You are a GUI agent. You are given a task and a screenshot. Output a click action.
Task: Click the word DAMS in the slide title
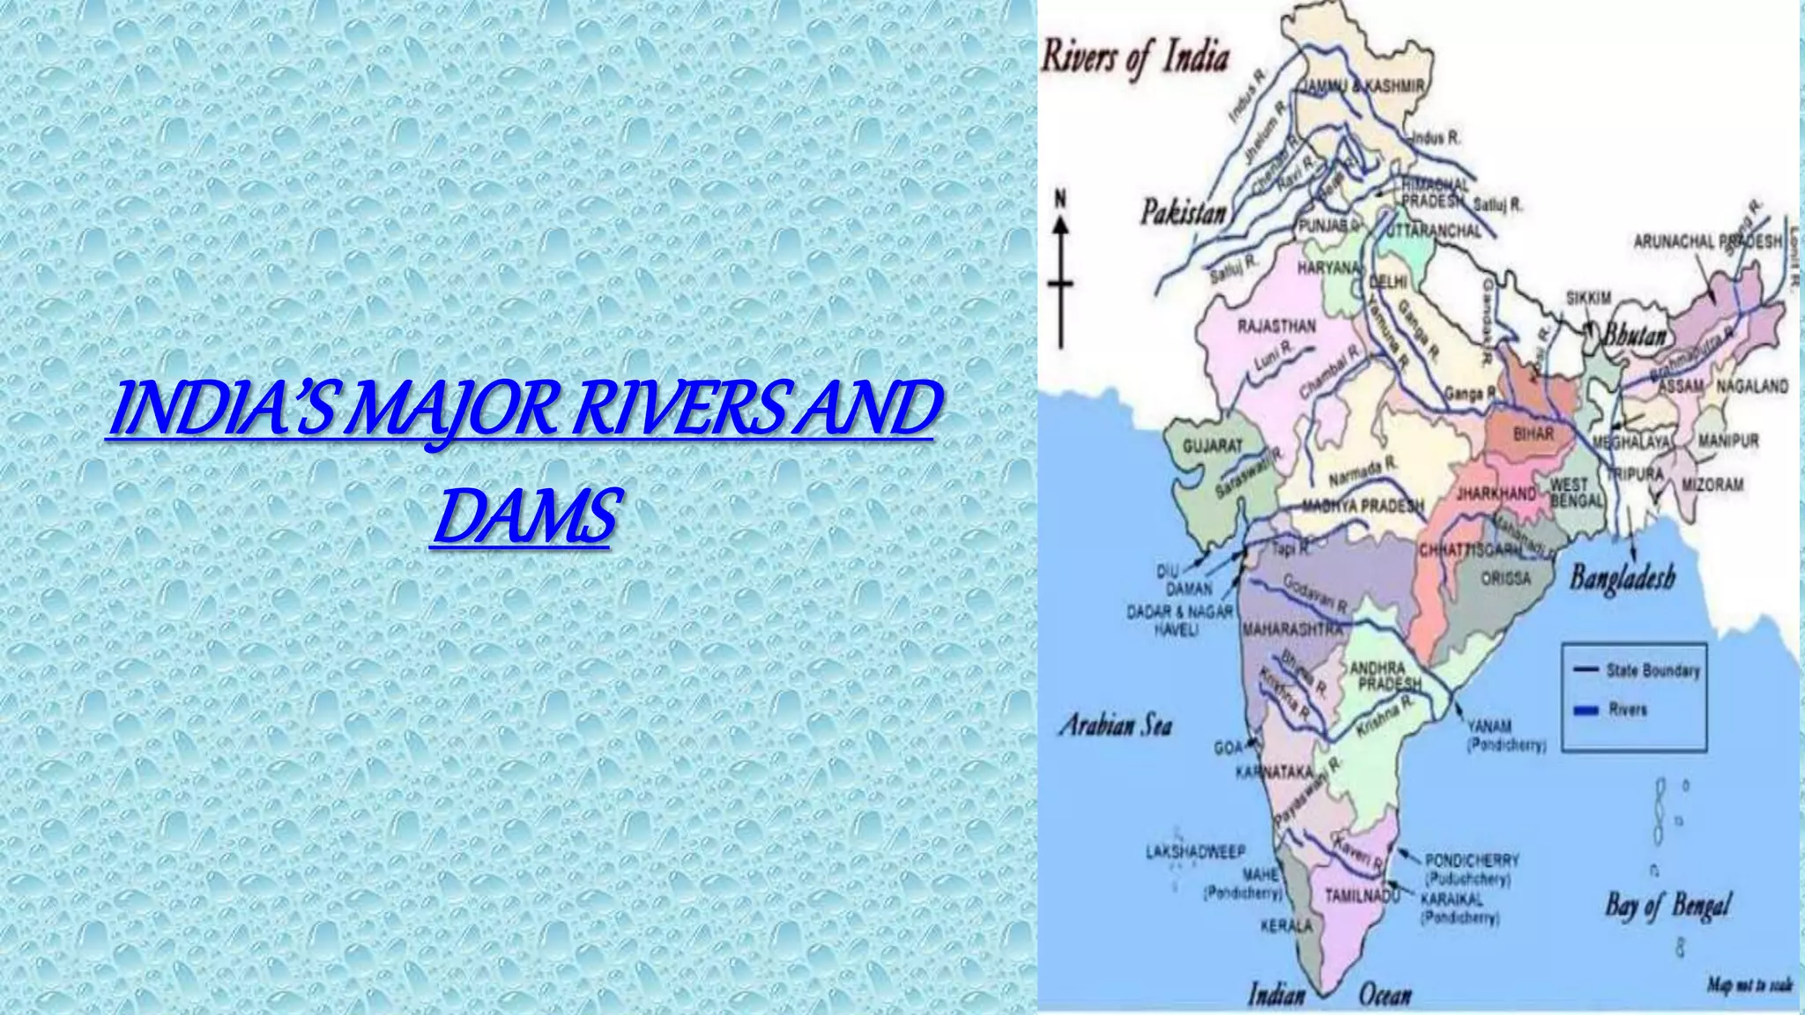coord(524,517)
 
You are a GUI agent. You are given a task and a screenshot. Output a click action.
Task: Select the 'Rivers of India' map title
coord(1135,58)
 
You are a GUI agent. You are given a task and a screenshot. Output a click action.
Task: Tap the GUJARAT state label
coord(1212,446)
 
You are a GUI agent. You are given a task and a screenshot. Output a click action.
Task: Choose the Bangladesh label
coord(1622,578)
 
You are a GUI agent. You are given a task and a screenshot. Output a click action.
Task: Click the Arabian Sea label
coord(1116,726)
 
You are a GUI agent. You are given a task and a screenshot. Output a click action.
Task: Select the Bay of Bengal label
coord(1668,905)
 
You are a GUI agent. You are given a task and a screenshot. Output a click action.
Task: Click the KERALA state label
coord(1287,926)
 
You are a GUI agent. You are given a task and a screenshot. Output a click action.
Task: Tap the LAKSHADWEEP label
coord(1195,852)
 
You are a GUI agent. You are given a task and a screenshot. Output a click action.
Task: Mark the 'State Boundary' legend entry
coord(1652,670)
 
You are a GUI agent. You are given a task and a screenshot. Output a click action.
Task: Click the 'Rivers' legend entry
coord(1627,709)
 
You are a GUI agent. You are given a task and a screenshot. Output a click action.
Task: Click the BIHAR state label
coord(1534,434)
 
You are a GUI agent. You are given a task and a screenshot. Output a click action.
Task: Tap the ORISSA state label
coord(1506,579)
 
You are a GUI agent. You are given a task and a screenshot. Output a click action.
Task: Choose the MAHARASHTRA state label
coord(1293,630)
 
